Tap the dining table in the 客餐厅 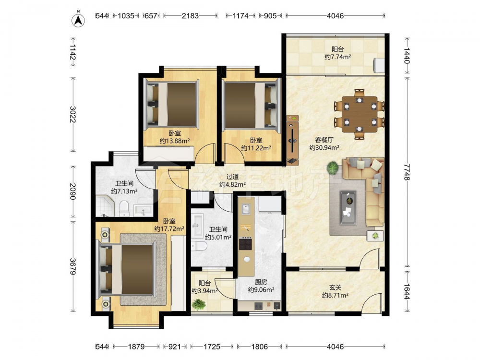[360, 114]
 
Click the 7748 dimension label [407, 172]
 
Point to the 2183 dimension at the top [190, 15]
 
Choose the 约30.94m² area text [324, 147]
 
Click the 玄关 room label [335, 288]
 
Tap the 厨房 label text [261, 282]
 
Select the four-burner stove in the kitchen [245, 244]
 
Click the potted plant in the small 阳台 [199, 304]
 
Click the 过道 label [232, 177]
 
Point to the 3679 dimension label [72, 266]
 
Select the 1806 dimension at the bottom [259, 347]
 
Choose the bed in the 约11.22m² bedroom [251, 104]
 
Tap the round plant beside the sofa [332, 168]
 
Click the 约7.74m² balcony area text [337, 57]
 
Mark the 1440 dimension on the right [407, 55]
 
